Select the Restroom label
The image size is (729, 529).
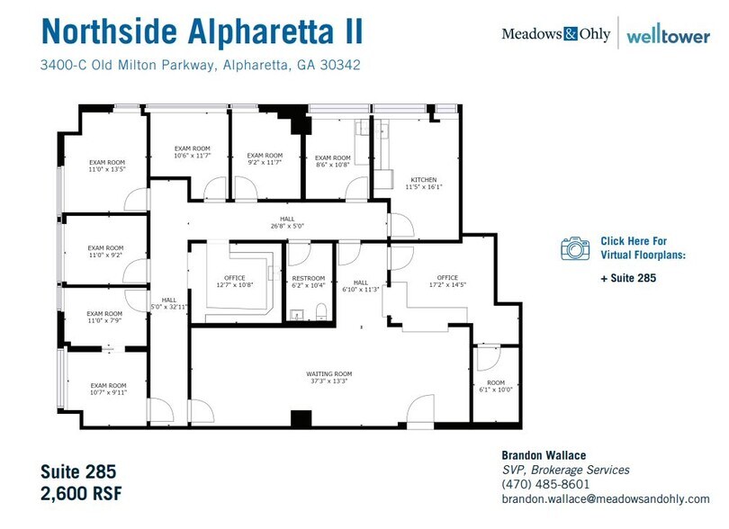point(308,282)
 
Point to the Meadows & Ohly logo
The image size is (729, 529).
point(555,34)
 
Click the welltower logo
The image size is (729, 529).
point(667,35)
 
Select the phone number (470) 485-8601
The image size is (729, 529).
point(544,484)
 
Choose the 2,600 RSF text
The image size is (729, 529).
point(81,494)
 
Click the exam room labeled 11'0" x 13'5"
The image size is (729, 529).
point(106,165)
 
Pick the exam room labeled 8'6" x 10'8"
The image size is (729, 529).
point(333,161)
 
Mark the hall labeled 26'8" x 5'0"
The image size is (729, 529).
point(286,222)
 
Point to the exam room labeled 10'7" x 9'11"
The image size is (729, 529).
point(108,389)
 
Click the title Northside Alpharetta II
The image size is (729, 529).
point(202,30)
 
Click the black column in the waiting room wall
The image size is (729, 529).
point(301,418)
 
